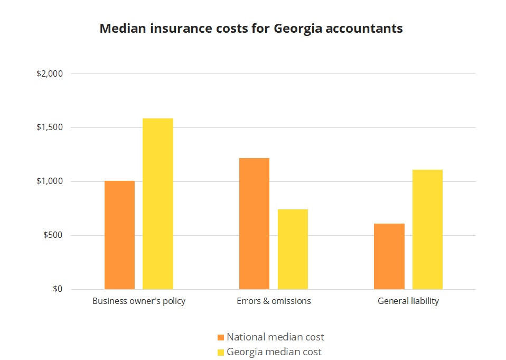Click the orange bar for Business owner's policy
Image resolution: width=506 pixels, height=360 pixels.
[119, 235]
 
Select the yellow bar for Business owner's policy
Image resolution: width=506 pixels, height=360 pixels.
[158, 204]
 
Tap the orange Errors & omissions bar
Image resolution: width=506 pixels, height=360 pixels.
[254, 224]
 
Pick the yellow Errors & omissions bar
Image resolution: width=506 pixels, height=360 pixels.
[293, 250]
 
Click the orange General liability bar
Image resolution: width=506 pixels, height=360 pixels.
[389, 256]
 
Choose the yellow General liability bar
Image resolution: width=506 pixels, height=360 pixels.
[427, 229]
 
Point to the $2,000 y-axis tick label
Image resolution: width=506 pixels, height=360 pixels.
[50, 74]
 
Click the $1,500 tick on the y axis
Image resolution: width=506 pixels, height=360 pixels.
[50, 128]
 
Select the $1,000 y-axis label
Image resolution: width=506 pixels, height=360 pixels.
[50, 182]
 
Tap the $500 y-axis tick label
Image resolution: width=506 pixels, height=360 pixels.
[53, 235]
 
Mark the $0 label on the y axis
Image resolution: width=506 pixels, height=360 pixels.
[58, 289]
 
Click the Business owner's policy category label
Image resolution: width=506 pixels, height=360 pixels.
[139, 301]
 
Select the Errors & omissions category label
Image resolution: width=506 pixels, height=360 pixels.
[274, 301]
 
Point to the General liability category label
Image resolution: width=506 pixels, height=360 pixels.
[408, 301]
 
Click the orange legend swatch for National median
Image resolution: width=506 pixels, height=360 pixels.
[221, 337]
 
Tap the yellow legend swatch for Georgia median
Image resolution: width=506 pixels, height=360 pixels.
[221, 352]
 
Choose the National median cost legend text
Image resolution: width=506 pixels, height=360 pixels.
[275, 337]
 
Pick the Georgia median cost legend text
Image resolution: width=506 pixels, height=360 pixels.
[274, 352]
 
